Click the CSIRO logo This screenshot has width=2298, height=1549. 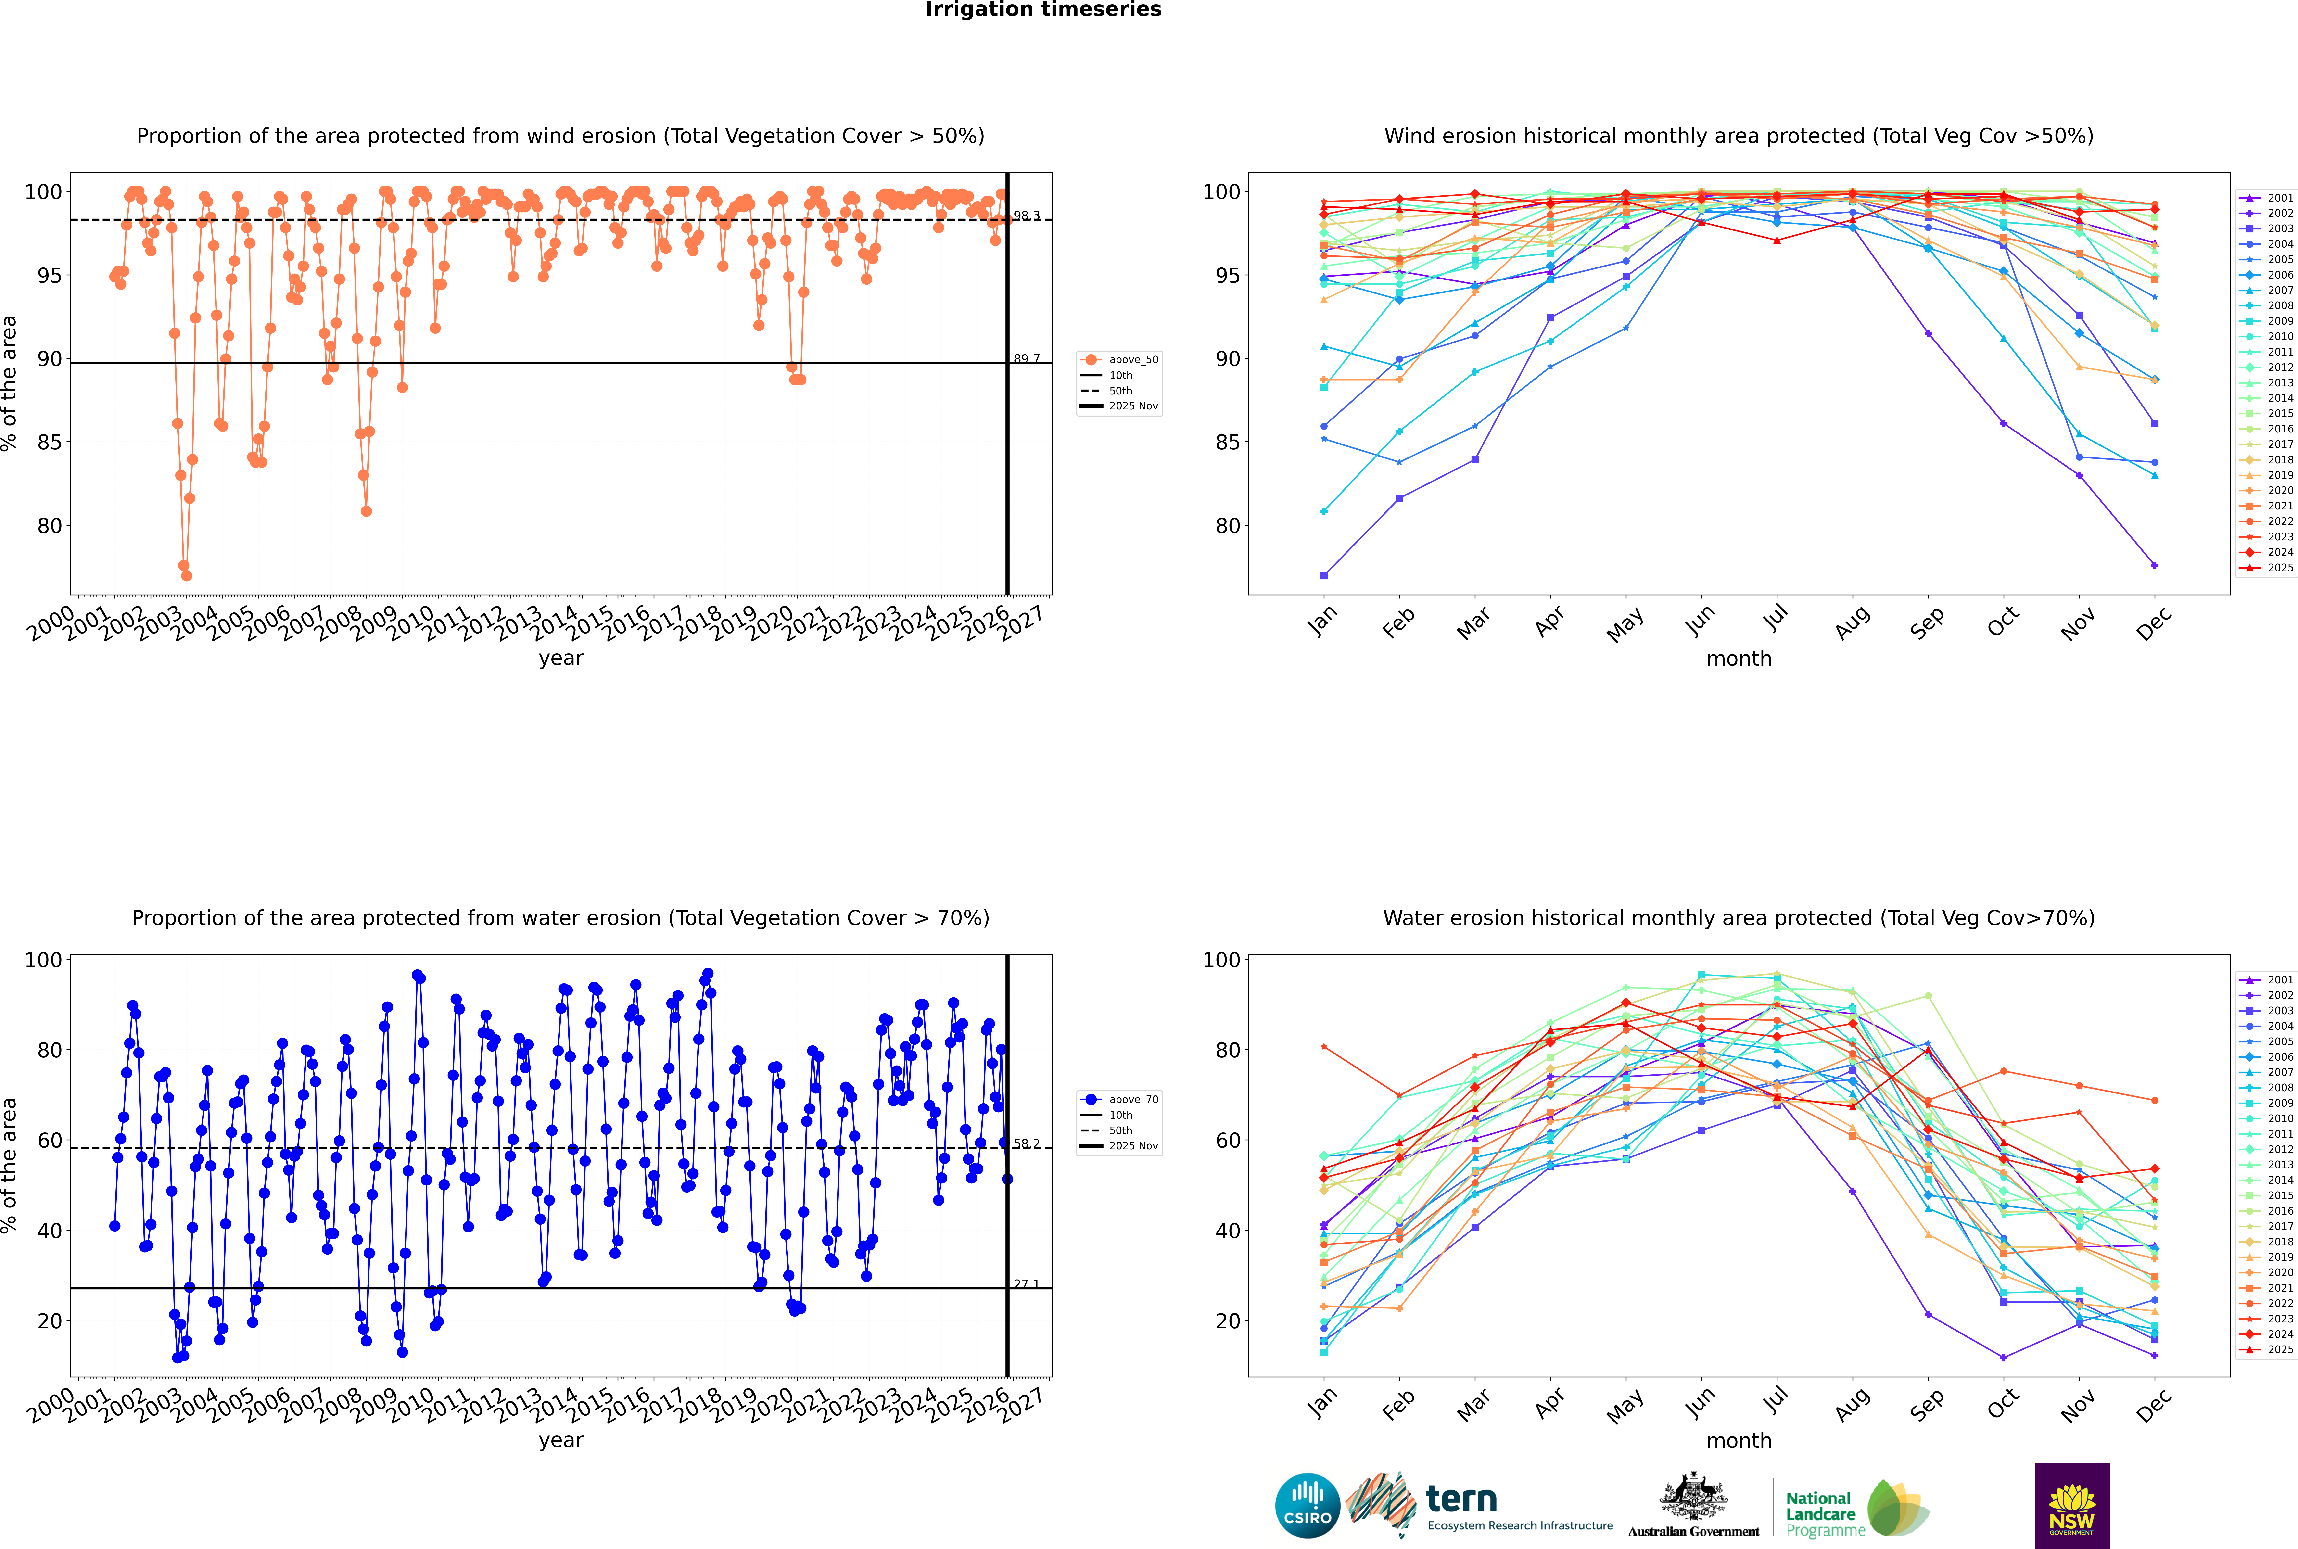[x=1307, y=1506]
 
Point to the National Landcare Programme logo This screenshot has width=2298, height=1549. [x=1855, y=1509]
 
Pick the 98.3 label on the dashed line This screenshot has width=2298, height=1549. [x=1027, y=215]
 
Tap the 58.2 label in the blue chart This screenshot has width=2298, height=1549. [x=1027, y=1144]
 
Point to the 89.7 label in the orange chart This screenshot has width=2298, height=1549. [x=1027, y=359]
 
